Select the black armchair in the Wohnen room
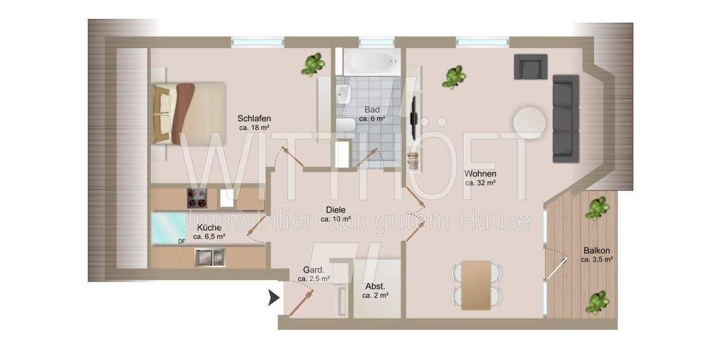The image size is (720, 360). tap(530, 66)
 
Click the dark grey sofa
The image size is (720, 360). tap(565, 119)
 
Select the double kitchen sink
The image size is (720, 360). tap(209, 257)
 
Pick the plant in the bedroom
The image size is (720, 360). tap(312, 64)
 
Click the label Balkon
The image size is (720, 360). tap(596, 251)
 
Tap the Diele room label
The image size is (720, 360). tap(336, 210)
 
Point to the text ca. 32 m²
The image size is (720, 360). tap(480, 182)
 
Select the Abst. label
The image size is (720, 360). tap(375, 286)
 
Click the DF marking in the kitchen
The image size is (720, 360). tap(181, 242)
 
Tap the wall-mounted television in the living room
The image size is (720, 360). tap(413, 119)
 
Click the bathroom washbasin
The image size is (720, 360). tap(343, 94)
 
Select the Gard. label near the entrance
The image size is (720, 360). tap(314, 269)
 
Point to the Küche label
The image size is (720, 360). tap(209, 227)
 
